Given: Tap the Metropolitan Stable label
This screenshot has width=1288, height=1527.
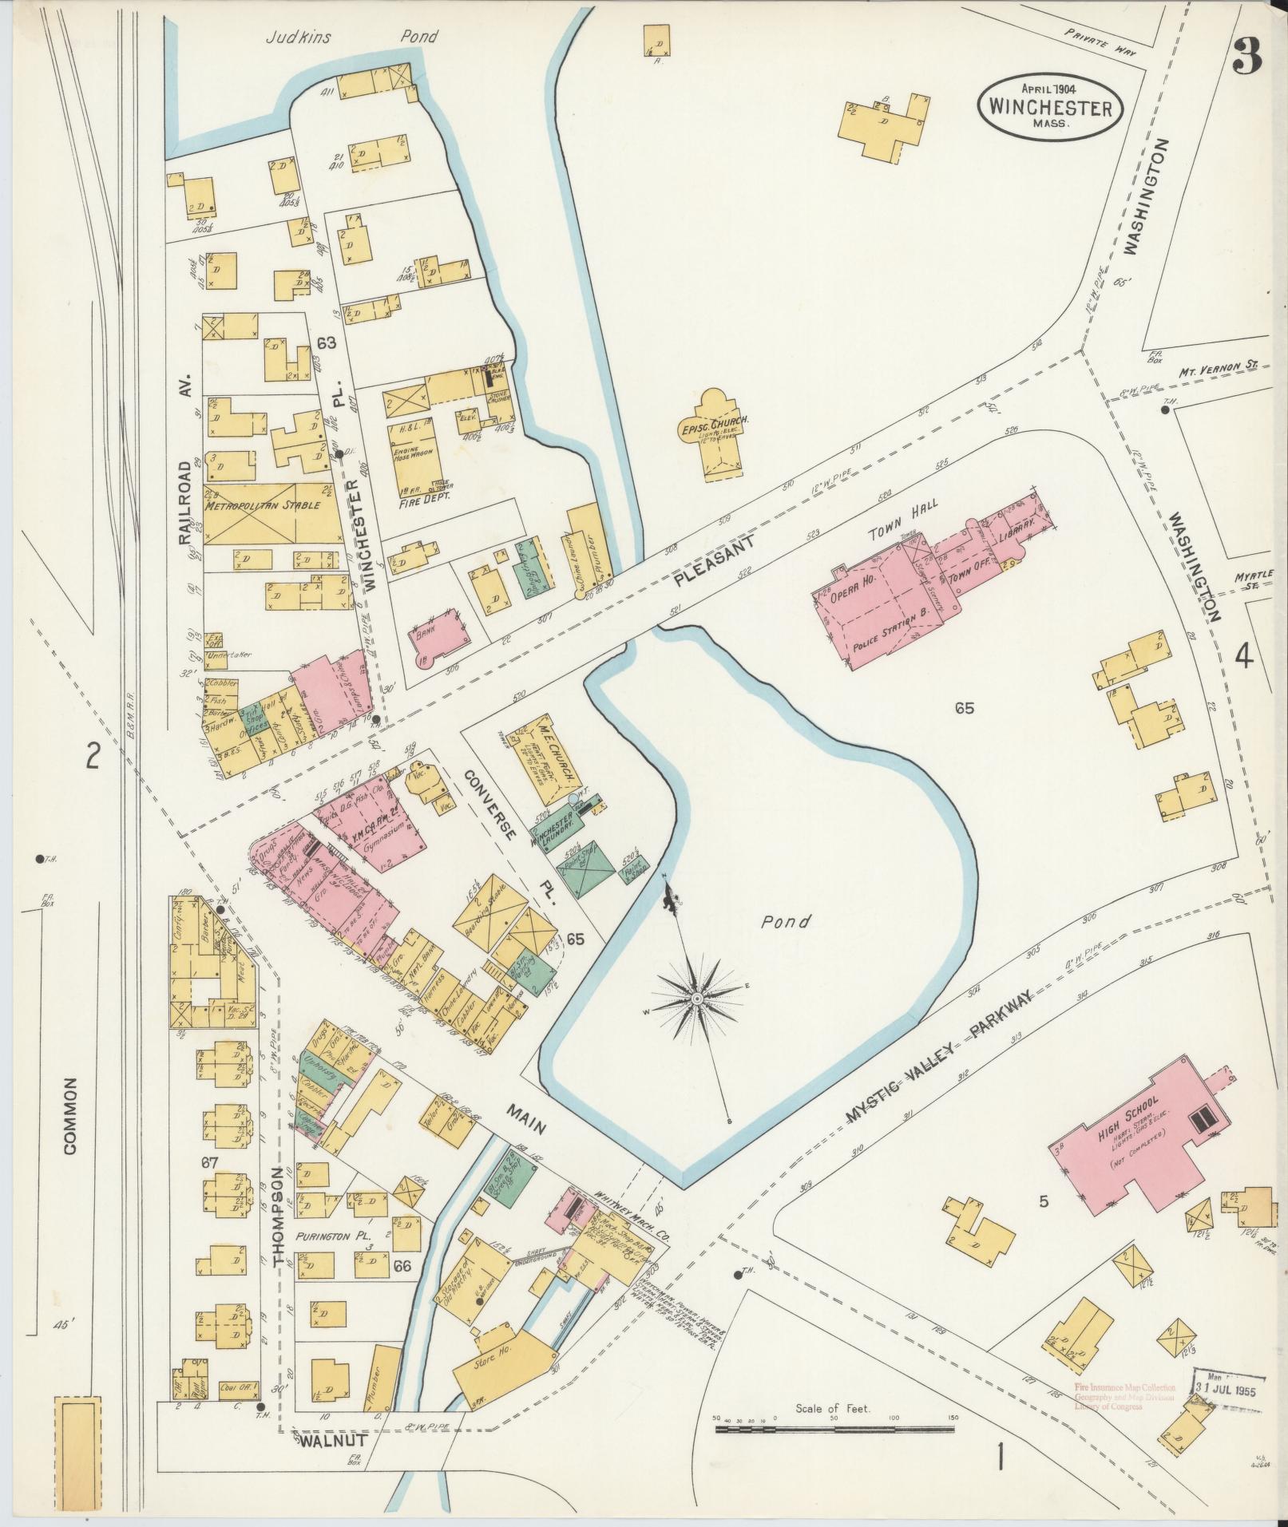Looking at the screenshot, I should point(263,505).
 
